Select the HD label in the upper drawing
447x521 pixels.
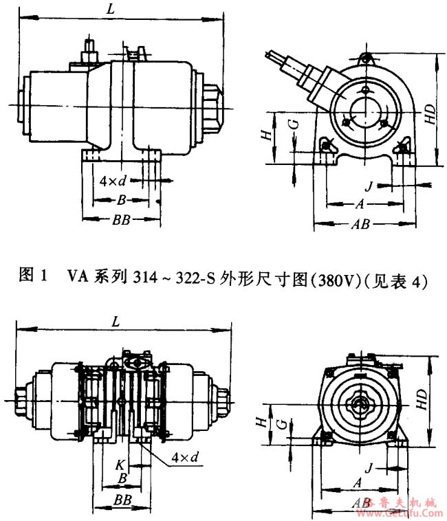pos(430,113)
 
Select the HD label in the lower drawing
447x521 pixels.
pos(430,397)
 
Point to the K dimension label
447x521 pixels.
pos(121,464)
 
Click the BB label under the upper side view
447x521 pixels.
pos(120,220)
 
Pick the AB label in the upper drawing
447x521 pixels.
pos(360,225)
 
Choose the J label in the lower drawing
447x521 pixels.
pos(369,468)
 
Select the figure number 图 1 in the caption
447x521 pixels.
pos(33,278)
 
